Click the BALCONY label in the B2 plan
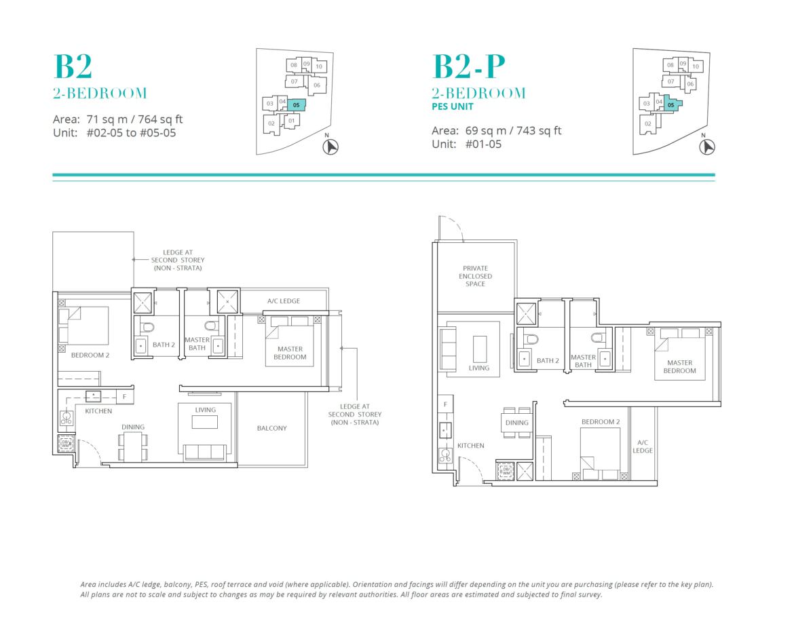pos(271,428)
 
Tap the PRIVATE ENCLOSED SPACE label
pos(476,276)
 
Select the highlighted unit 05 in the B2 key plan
pos(297,105)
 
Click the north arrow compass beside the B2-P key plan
pos(707,147)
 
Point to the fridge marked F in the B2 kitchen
pos(125,396)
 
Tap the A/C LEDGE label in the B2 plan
pos(284,301)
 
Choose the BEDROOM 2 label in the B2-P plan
pos(601,422)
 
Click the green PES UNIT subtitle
pos(453,107)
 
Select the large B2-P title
pos(469,66)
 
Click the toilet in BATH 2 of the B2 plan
pos(147,326)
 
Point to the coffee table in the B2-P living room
pos(480,349)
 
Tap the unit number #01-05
pos(484,145)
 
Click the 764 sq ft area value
pos(160,119)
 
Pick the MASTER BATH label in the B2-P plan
pos(584,361)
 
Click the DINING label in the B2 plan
pos(132,427)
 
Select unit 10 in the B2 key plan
pos(320,66)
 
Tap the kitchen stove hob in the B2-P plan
pos(445,456)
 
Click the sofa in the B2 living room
pos(204,452)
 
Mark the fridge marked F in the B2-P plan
pos(445,404)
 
